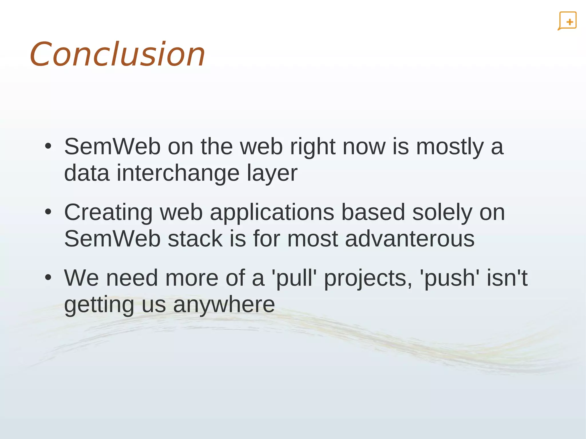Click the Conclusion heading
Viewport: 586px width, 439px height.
(x=117, y=54)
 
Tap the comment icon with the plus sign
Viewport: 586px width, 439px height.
(x=567, y=21)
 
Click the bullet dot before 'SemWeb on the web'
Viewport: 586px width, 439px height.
(x=48, y=146)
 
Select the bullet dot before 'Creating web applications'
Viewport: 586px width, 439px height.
(x=48, y=212)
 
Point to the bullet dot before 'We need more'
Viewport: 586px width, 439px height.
(x=48, y=277)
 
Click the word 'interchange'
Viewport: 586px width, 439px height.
(x=178, y=173)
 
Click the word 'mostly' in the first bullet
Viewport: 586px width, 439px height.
(x=450, y=147)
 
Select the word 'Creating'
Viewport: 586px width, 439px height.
(x=108, y=213)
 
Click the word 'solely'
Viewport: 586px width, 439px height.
(x=442, y=213)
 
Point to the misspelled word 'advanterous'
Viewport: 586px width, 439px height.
(x=410, y=239)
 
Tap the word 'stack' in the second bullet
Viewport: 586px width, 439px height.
(x=195, y=239)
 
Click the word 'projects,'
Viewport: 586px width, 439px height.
(x=368, y=278)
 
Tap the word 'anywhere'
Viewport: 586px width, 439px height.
(x=224, y=305)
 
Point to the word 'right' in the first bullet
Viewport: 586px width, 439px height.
(x=312, y=147)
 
